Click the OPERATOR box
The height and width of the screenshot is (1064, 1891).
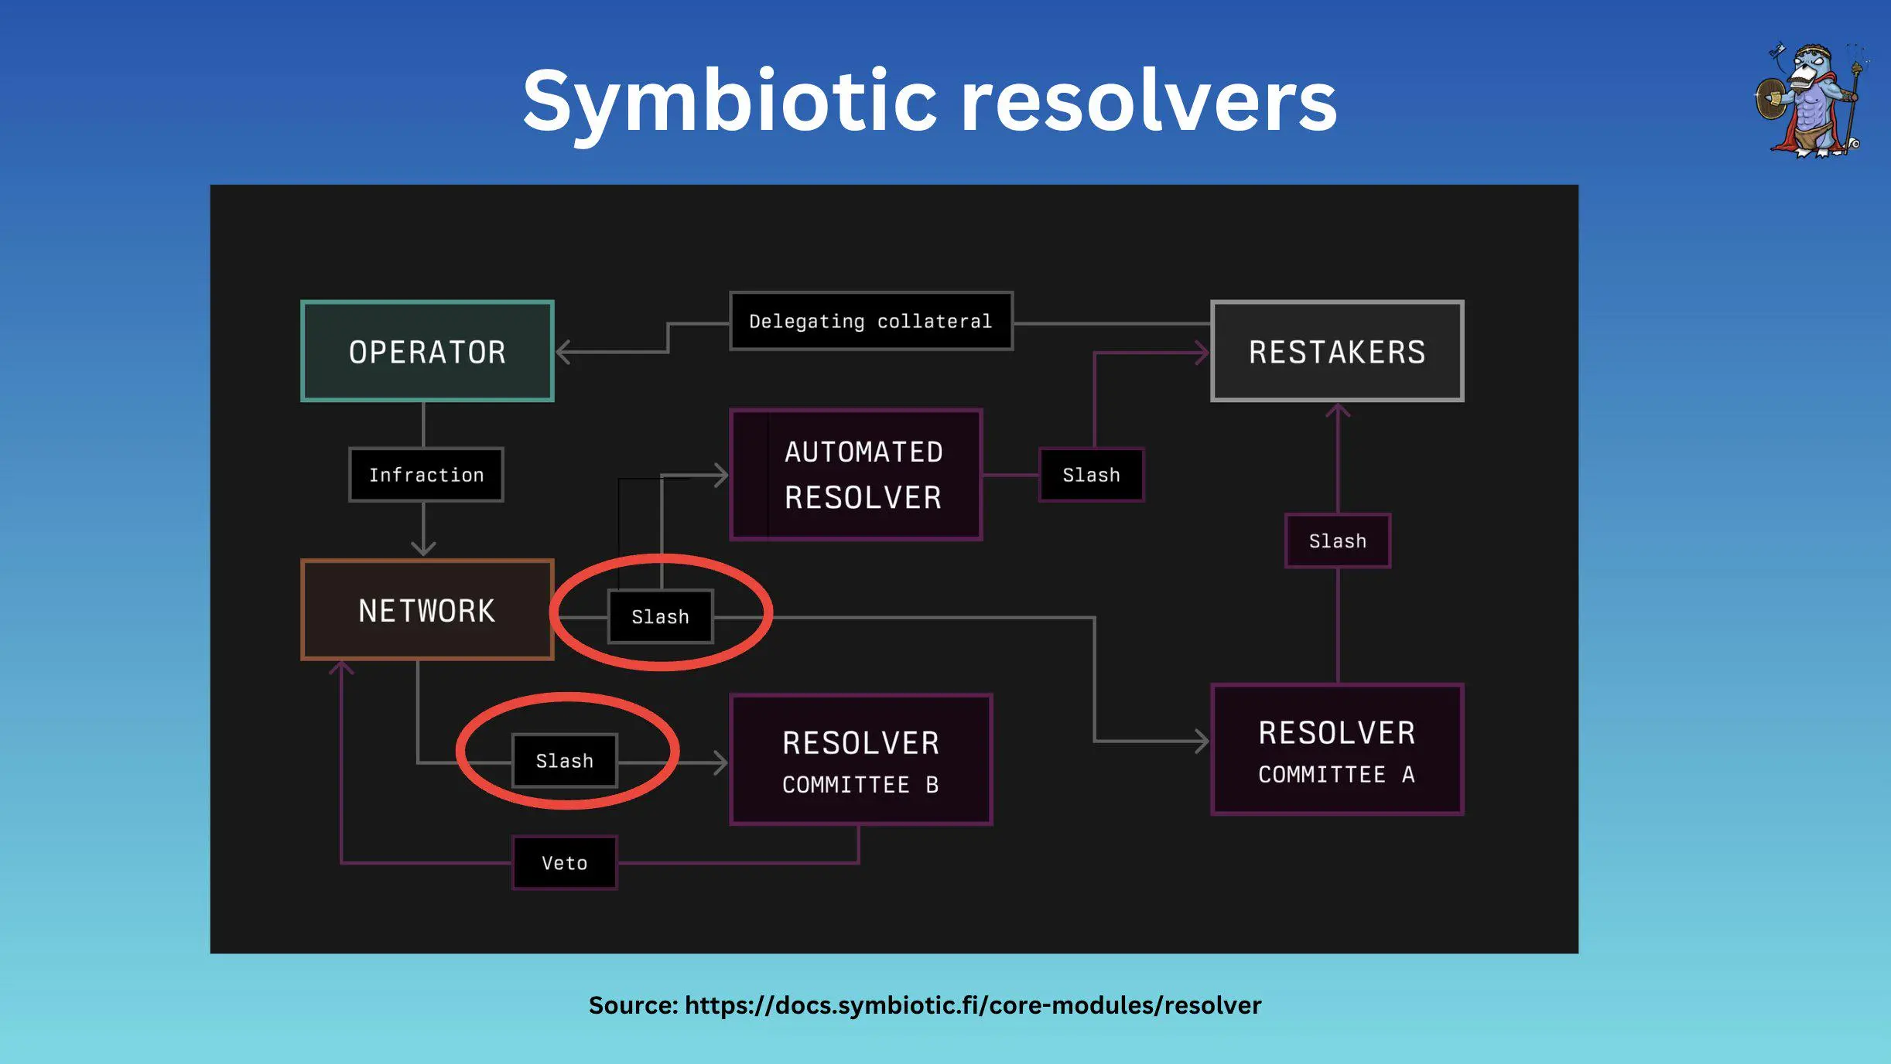(427, 351)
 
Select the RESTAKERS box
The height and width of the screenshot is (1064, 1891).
(1336, 351)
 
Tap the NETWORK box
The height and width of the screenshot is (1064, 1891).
(427, 610)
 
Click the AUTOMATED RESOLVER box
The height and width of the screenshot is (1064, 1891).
(857, 475)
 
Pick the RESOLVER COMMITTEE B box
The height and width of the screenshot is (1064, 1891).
(860, 760)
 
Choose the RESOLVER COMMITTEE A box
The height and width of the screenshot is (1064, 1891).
(1336, 750)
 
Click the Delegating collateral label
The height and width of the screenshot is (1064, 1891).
(870, 321)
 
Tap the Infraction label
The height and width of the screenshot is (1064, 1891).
(426, 475)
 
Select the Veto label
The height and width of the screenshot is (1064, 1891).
(564, 863)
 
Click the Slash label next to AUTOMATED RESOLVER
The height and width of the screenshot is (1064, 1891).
(1091, 475)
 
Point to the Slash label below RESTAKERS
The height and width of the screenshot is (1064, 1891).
(1337, 541)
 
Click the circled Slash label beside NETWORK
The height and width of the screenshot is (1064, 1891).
(660, 617)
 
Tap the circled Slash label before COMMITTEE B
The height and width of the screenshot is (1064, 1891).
(565, 761)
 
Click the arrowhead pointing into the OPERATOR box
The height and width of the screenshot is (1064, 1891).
(563, 352)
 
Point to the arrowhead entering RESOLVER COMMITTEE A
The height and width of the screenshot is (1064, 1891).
(1202, 741)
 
